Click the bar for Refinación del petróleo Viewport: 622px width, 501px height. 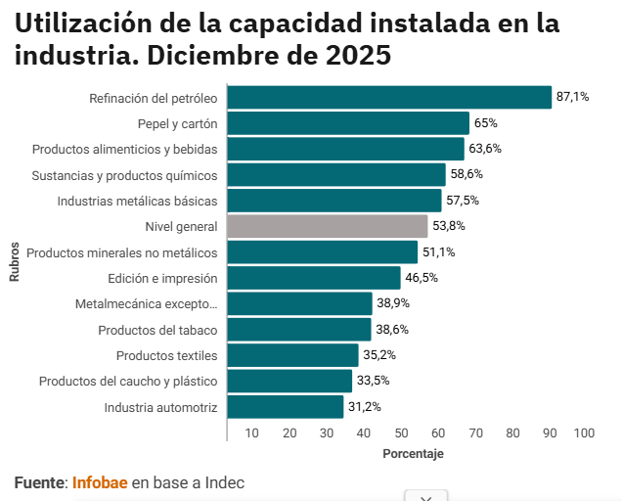click(x=389, y=98)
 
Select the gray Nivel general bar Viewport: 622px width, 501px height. click(x=327, y=226)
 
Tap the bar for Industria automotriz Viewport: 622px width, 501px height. click(x=285, y=407)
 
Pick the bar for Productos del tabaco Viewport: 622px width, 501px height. click(x=298, y=330)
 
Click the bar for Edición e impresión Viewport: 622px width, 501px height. click(x=313, y=278)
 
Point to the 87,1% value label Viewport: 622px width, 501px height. click(x=572, y=97)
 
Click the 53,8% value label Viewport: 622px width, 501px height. click(x=449, y=226)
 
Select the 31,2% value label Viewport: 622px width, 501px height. click(x=365, y=407)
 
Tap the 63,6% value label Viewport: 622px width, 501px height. click(x=485, y=149)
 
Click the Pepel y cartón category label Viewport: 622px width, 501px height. click(x=177, y=123)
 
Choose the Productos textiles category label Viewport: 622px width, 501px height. click(x=166, y=355)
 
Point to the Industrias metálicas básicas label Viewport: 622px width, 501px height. click(x=137, y=201)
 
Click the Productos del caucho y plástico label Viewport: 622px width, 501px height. click(x=128, y=381)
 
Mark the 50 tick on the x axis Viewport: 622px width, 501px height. click(x=401, y=433)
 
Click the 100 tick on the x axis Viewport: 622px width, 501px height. click(x=584, y=433)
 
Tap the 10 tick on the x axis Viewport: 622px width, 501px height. click(x=252, y=433)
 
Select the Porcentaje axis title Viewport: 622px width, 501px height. click(x=413, y=454)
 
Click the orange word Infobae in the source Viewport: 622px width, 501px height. click(x=100, y=482)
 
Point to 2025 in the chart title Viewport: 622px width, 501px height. click(x=358, y=56)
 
